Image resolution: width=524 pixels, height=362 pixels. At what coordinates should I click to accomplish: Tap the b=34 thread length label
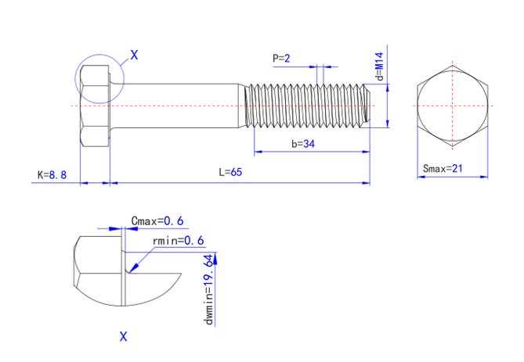point(303,144)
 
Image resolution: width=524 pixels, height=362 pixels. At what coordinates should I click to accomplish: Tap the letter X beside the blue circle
point(133,56)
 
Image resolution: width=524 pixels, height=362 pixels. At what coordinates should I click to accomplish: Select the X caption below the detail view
point(123,337)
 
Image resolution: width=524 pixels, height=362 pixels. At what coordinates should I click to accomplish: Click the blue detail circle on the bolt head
point(99,78)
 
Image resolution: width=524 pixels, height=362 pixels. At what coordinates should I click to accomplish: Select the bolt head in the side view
point(95,106)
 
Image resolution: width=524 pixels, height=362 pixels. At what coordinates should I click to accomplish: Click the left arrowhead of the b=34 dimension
point(255,152)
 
